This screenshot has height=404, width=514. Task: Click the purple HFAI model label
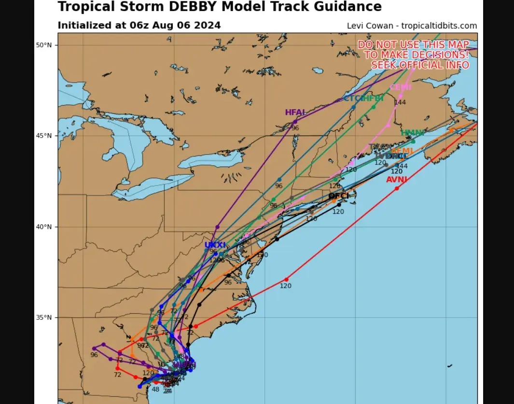(295, 112)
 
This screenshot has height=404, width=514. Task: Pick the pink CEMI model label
(401, 87)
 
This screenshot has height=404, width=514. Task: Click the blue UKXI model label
(215, 245)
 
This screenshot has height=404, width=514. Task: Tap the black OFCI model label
(338, 196)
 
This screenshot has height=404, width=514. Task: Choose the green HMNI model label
(413, 133)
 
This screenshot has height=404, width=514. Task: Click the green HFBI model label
(372, 98)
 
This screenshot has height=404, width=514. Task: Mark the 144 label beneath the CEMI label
(400, 102)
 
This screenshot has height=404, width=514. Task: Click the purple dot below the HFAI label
(295, 121)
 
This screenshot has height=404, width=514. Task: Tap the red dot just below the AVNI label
(397, 188)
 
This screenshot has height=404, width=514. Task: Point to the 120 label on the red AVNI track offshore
(286, 286)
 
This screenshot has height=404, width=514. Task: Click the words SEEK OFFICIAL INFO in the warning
(420, 65)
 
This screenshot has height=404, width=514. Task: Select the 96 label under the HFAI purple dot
(295, 128)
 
